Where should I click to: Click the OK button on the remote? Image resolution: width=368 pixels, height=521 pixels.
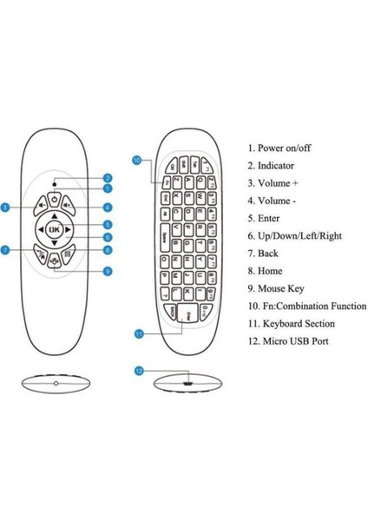(x=54, y=230)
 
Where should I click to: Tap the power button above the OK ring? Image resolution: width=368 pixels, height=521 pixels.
(x=54, y=200)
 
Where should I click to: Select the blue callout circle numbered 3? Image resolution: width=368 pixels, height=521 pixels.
(x=5, y=208)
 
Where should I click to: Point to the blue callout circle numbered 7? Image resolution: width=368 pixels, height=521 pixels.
(x=5, y=250)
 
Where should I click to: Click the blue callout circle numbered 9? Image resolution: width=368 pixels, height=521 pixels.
(x=107, y=271)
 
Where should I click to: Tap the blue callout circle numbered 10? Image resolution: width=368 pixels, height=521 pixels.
(x=137, y=160)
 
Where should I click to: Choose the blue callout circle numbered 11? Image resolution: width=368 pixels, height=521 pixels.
(x=138, y=333)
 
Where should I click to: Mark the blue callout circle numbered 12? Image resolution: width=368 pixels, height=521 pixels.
(x=139, y=371)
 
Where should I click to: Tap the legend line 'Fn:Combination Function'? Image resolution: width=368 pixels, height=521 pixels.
(x=306, y=306)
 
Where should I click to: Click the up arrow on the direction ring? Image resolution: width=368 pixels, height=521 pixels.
(x=54, y=214)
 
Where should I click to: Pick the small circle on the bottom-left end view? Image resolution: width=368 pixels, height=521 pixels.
(x=55, y=383)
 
